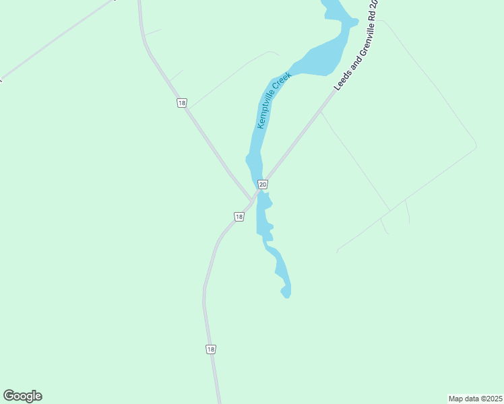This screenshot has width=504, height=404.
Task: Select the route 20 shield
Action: [263, 184]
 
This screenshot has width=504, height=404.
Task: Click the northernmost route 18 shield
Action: [182, 103]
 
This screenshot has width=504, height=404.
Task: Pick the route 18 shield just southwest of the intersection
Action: [239, 216]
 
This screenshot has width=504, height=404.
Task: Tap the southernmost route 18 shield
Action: [211, 349]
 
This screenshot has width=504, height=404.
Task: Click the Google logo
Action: [22, 396]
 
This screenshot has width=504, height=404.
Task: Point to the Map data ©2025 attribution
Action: [475, 398]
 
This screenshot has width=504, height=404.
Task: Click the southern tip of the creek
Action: [286, 294]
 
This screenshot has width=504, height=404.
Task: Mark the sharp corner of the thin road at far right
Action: [476, 145]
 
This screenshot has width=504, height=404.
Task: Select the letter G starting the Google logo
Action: [9, 395]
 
